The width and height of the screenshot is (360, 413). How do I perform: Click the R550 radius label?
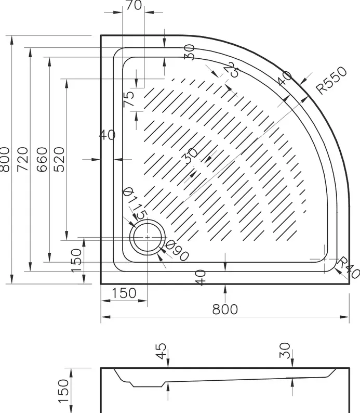pyautogui.click(x=331, y=80)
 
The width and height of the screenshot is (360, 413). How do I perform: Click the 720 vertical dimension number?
pyautogui.click(x=23, y=159)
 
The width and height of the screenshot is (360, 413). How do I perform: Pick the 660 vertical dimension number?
pyautogui.click(x=42, y=159)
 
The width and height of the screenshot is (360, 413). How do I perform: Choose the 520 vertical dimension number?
pyautogui.click(x=59, y=159)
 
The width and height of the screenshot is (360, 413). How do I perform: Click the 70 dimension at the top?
pyautogui.click(x=134, y=5)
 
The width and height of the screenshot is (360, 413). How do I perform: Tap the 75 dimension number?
pyautogui.click(x=129, y=99)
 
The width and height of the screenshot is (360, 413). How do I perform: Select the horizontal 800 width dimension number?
pyautogui.click(x=225, y=309)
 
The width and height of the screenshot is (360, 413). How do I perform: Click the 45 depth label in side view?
pyautogui.click(x=161, y=351)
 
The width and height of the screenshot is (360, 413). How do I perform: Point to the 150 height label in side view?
pyautogui.click(x=63, y=391)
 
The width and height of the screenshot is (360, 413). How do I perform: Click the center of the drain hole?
pyautogui.click(x=147, y=237)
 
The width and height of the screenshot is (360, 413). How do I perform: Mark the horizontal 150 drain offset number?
pyautogui.click(x=124, y=293)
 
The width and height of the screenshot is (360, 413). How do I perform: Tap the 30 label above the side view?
pyautogui.click(x=285, y=351)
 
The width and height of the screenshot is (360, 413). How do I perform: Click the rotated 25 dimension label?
pyautogui.click(x=232, y=69)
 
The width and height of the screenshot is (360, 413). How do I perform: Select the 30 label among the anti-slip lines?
pyautogui.click(x=191, y=156)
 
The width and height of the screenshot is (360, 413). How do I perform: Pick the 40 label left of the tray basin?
pyautogui.click(x=108, y=135)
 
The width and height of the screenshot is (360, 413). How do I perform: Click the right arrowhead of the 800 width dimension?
pyautogui.click(x=345, y=317)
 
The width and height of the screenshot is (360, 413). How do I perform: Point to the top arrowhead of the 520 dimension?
pyautogui.click(x=66, y=84)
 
